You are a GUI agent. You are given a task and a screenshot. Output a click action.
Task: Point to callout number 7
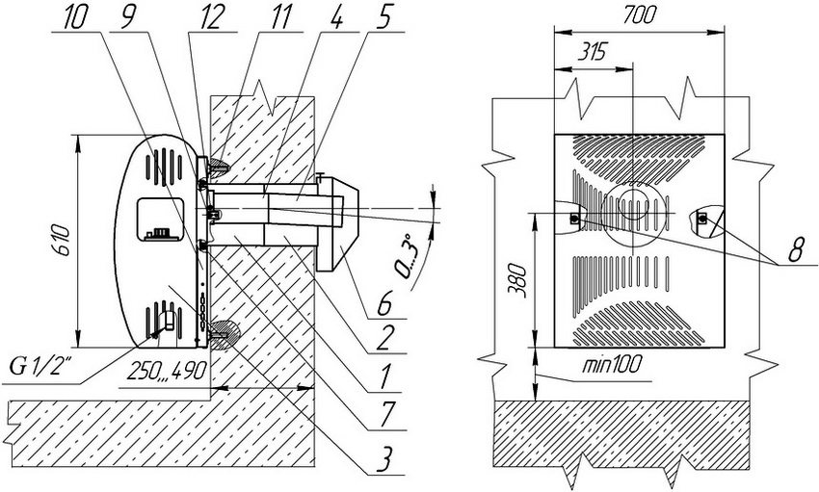click(x=385, y=414)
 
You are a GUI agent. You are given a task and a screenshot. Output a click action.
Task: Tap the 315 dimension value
click(x=592, y=53)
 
